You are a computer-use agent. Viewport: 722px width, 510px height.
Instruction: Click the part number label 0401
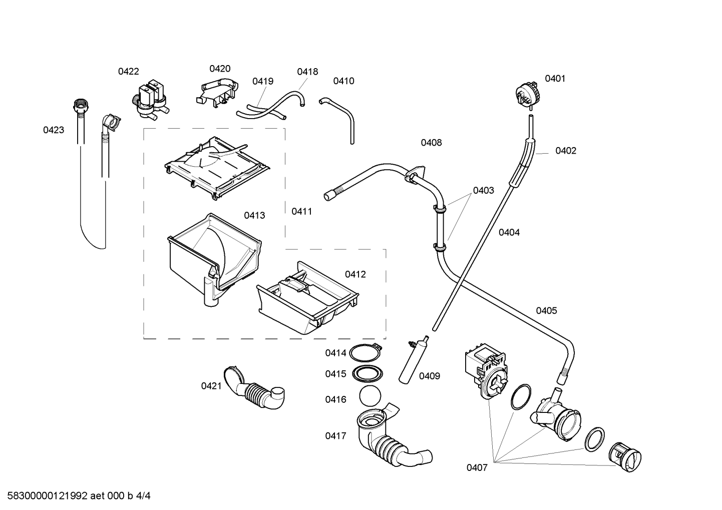pos(555,79)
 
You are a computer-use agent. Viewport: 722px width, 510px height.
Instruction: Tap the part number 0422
pos(128,72)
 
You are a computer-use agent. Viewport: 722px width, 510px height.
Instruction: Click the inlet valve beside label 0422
pos(150,101)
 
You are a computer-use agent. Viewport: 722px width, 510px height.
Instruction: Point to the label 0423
pos(54,130)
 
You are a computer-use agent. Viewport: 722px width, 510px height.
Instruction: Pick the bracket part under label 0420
pos(217,92)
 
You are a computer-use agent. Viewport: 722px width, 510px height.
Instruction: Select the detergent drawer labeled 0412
pos(308,298)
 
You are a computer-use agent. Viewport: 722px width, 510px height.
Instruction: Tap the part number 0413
pos(254,216)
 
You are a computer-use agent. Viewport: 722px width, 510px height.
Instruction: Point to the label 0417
pos(335,436)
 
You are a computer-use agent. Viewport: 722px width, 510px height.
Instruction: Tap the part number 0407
pos(477,468)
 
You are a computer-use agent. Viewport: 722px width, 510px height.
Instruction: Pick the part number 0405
pos(546,311)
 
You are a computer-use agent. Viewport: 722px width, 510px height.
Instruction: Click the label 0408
pos(431,143)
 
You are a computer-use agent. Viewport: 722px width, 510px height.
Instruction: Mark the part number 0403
pos(484,191)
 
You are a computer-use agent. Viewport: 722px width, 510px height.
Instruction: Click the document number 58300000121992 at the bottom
pos(48,496)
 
